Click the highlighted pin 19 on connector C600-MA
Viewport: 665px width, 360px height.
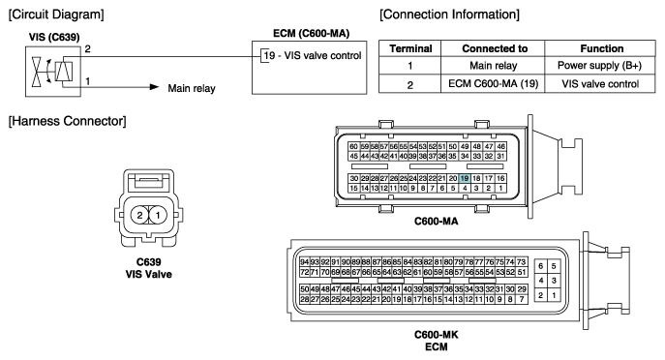(x=465, y=178)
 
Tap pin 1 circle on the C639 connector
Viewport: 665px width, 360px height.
(x=158, y=216)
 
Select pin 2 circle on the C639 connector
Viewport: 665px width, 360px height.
(x=139, y=216)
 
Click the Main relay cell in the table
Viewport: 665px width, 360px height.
(x=493, y=66)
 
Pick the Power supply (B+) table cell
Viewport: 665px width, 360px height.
(x=600, y=66)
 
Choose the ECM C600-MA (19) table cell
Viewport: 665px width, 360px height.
(x=493, y=84)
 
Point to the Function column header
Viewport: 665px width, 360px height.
(x=602, y=48)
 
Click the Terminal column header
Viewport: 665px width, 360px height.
(x=410, y=48)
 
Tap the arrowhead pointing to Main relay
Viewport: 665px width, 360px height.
(x=154, y=87)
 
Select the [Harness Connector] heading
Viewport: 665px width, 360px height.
(x=68, y=121)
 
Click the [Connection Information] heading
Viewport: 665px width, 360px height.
(x=449, y=15)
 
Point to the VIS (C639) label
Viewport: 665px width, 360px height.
(x=54, y=38)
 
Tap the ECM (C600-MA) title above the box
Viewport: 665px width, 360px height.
(x=312, y=34)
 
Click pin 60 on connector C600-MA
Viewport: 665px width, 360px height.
(x=353, y=147)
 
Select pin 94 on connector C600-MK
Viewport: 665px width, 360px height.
(x=304, y=262)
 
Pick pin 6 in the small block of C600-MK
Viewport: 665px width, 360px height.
(x=540, y=266)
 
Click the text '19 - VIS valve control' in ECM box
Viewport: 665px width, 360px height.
(x=313, y=55)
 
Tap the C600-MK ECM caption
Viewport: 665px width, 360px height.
(x=436, y=341)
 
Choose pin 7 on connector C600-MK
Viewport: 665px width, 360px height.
(x=522, y=299)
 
